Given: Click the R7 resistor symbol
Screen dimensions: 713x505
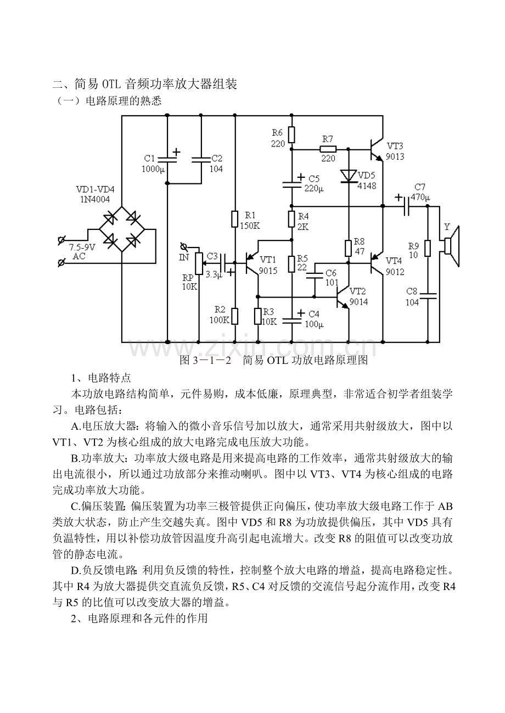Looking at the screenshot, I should (328, 148).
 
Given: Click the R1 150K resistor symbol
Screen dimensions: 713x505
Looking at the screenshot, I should (235, 218).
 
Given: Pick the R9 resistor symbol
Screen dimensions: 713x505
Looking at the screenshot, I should (428, 249).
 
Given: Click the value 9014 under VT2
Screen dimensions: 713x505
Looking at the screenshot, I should (358, 301).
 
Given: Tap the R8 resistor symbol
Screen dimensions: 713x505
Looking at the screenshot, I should (348, 248).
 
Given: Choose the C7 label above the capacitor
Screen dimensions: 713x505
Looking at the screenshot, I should (420, 187).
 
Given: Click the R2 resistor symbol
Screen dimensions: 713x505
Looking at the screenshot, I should (235, 316).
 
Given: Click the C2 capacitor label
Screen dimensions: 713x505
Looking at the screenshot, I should (216, 158).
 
